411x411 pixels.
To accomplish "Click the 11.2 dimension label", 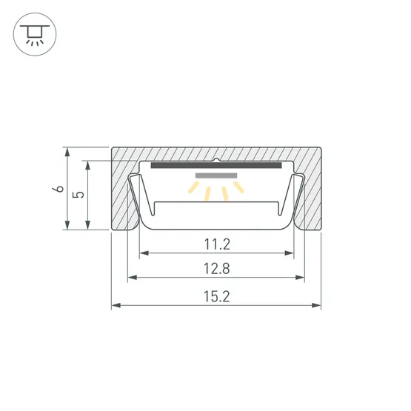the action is point(217,244).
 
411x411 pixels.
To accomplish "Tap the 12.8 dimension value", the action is point(217,269).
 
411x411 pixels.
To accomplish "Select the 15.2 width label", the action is point(217,297).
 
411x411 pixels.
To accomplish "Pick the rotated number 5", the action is point(79,195).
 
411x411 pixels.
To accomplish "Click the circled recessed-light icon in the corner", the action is point(35,34).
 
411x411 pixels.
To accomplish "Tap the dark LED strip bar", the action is point(216,165).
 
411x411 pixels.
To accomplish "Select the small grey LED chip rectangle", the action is point(216,176).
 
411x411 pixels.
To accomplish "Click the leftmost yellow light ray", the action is point(193,187).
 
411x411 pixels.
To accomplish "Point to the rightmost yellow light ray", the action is point(239,187).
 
